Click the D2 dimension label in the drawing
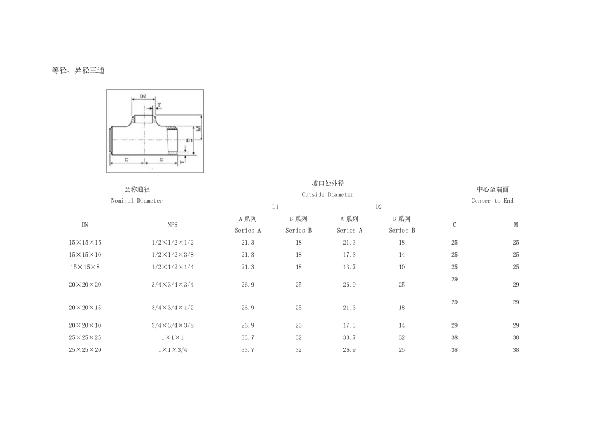click(x=143, y=96)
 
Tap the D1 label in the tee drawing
click(x=189, y=140)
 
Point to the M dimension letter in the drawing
click(x=199, y=128)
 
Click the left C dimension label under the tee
click(x=127, y=159)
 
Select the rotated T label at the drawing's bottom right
click(x=182, y=162)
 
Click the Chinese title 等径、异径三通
click(x=78, y=70)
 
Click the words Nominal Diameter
click(x=137, y=201)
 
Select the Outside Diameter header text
click(x=327, y=195)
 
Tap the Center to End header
click(x=492, y=201)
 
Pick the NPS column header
click(x=172, y=225)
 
